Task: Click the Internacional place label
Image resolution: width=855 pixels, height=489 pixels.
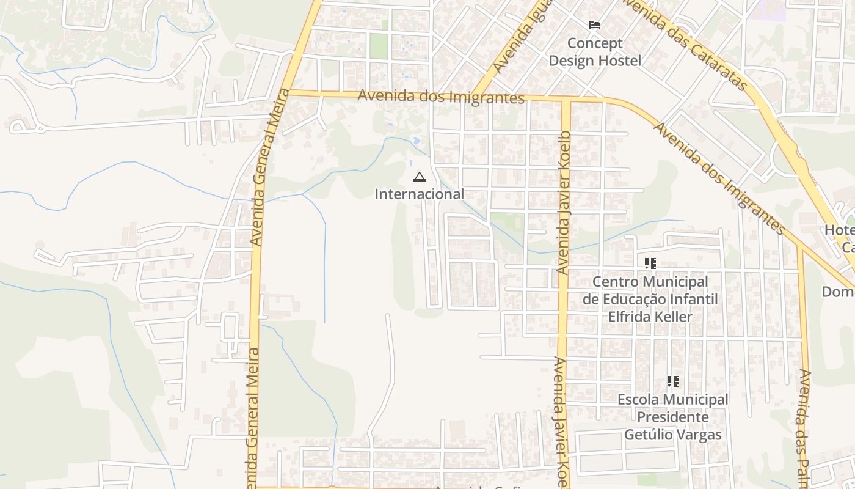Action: (419, 194)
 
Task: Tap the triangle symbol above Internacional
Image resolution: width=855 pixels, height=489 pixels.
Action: (419, 178)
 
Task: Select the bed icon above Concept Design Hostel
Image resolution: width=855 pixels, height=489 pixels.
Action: (594, 25)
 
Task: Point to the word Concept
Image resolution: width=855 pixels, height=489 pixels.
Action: (595, 43)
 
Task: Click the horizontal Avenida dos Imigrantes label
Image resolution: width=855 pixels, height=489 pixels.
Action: (441, 97)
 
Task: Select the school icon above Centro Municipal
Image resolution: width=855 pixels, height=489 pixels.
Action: (650, 263)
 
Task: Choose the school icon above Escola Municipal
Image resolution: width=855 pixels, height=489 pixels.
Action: (672, 382)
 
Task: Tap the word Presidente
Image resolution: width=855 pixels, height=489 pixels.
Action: (673, 417)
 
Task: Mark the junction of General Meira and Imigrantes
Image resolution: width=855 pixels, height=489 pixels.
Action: (289, 93)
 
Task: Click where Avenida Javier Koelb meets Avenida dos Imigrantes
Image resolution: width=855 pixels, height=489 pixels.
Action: (566, 99)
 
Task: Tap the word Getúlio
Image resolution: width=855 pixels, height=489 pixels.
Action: (647, 435)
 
